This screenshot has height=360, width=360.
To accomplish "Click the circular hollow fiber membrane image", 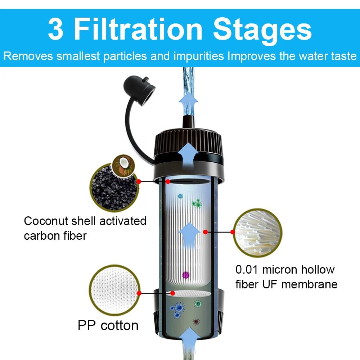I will tap(258, 232).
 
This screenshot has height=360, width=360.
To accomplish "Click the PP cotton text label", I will tap(108, 325).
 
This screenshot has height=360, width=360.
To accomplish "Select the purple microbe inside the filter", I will tap(186, 275).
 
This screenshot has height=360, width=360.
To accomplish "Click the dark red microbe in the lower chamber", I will tap(196, 321).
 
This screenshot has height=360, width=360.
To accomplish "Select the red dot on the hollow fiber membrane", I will tap(206, 232).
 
